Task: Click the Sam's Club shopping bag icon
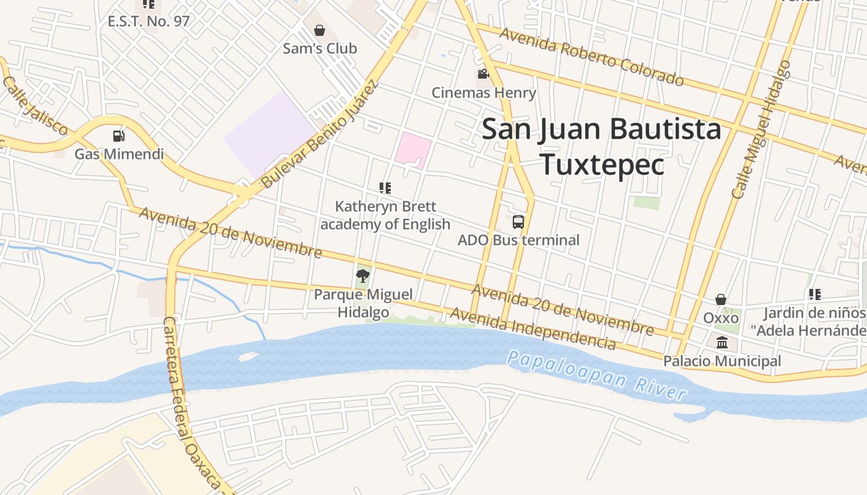click(320, 30)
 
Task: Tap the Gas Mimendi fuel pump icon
click(118, 136)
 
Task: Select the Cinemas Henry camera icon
click(483, 75)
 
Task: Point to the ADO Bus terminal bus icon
click(518, 222)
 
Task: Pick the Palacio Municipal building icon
click(722, 342)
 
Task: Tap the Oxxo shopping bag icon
click(721, 300)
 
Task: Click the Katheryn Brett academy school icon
click(385, 188)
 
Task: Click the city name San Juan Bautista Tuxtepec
click(601, 147)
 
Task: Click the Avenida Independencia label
click(533, 329)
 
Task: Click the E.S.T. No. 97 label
click(149, 21)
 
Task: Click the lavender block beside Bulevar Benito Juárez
click(269, 134)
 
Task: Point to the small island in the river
click(248, 357)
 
